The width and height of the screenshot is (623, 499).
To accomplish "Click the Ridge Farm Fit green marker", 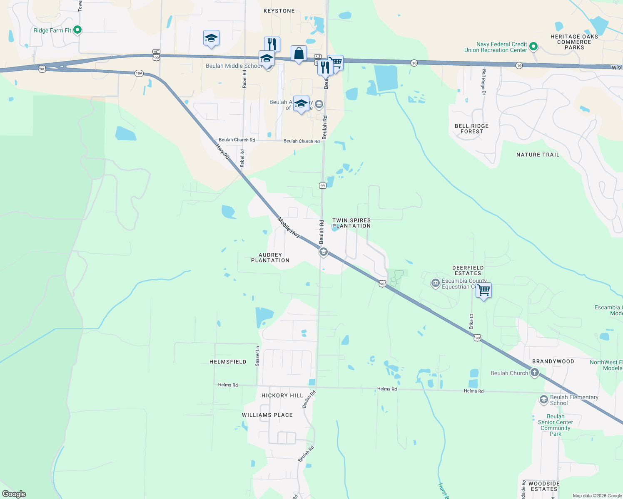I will tap(77, 30).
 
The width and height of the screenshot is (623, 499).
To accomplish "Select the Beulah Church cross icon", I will tap(535, 373).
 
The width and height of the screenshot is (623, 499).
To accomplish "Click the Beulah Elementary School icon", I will tap(543, 400).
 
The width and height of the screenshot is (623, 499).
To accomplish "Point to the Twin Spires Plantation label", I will tap(351, 223).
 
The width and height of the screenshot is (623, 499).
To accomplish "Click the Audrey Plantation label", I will tap(270, 258).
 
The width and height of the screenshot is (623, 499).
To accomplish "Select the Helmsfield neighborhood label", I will tap(228, 362).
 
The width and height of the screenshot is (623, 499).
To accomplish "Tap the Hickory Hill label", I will tap(282, 395).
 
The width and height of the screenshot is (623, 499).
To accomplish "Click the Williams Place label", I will tap(267, 415).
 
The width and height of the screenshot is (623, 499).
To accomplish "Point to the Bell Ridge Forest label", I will tap(471, 128).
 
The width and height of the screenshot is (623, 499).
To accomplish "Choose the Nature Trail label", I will tap(538, 155).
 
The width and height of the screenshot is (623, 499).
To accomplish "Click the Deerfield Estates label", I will tap(468, 271).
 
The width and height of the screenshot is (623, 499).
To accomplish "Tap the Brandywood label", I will tap(553, 361).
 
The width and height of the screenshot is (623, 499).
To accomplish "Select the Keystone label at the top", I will tap(279, 11).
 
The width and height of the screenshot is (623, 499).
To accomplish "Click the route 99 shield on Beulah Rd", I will tap(323, 185).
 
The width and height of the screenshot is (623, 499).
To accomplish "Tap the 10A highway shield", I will tap(139, 73).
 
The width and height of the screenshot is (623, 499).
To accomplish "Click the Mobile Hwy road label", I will tap(289, 228).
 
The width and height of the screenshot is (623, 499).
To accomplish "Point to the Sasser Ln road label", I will tap(257, 356).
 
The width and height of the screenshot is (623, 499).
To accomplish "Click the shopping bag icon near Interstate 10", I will tap(299, 54).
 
